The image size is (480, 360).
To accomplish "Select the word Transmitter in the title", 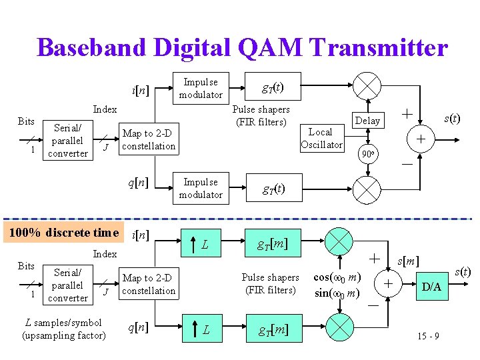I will click(378, 47).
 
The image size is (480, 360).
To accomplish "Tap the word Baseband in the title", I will click(90, 47).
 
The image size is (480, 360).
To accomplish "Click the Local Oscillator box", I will click(321, 138).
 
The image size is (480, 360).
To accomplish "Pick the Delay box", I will click(367, 120).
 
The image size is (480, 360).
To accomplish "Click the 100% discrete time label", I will click(62, 233).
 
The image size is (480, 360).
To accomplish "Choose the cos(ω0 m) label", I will click(337, 277).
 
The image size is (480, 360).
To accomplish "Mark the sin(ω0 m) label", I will click(337, 293).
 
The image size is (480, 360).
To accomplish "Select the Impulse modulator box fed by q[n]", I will click(201, 188).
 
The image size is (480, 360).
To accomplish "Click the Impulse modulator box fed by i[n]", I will click(201, 88).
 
